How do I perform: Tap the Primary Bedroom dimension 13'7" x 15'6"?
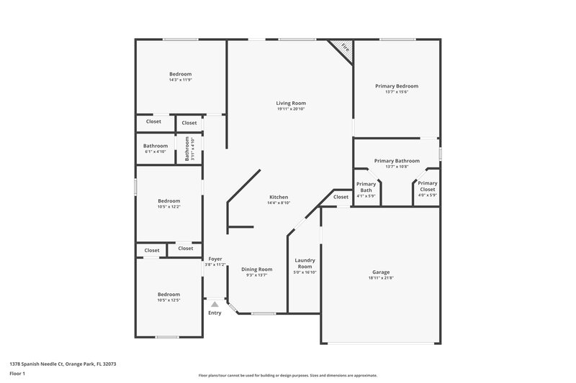(396, 92)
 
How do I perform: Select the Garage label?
(381, 272)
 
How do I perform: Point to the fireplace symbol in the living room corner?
(344, 49)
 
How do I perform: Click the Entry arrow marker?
(215, 305)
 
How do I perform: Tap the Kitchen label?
(279, 197)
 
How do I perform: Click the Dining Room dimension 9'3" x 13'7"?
(256, 275)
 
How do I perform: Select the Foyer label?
(215, 259)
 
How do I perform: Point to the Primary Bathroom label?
(397, 161)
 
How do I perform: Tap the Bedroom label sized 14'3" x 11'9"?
(180, 75)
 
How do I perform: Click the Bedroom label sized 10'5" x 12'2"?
(170, 201)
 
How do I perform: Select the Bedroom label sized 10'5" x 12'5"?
(169, 295)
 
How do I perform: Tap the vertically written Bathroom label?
(187, 149)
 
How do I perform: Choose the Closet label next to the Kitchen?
(341, 197)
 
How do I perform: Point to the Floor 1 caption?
(17, 374)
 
